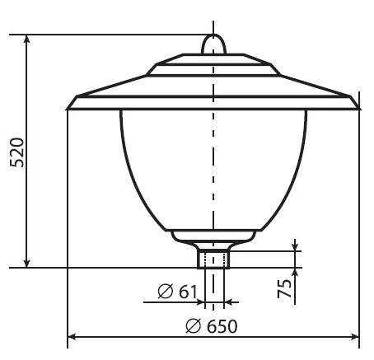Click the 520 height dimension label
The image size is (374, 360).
tap(17, 152)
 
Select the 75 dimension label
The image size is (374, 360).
tap(284, 288)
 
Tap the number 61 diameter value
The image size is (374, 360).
tap(188, 292)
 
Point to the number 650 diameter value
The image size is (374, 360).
tap(222, 326)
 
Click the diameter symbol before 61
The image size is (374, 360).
tap(166, 292)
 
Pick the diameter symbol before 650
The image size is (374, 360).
tap(194, 326)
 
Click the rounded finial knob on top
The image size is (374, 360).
tap(213, 44)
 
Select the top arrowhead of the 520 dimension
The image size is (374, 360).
tap(26, 40)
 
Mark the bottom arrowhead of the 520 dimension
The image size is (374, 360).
tap(26, 262)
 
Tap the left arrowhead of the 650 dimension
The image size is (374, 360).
tap(72, 337)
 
